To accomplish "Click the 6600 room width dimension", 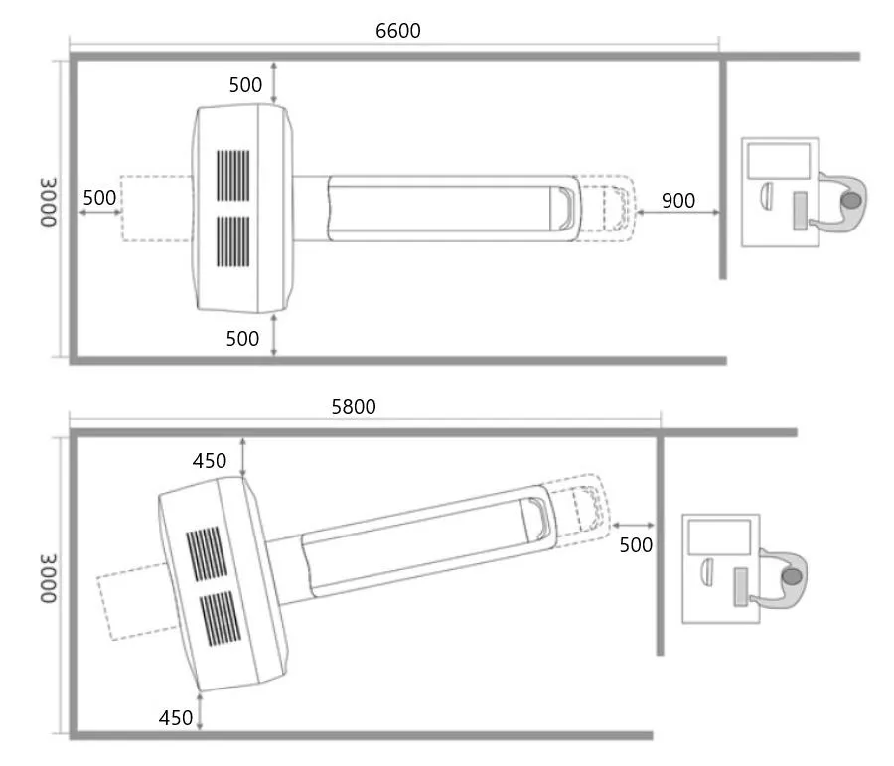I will pyautogui.click(x=397, y=31).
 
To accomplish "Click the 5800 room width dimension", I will pyautogui.click(x=354, y=407).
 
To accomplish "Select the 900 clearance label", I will pyautogui.click(x=677, y=200).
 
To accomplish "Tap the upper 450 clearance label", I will pyautogui.click(x=210, y=460).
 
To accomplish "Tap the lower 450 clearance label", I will pyautogui.click(x=176, y=717).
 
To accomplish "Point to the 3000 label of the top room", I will pyautogui.click(x=49, y=204).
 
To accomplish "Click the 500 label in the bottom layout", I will pyautogui.click(x=636, y=544).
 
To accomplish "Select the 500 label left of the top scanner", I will pyautogui.click(x=99, y=197).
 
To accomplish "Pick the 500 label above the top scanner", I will pyautogui.click(x=245, y=85).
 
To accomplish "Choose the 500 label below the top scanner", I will pyautogui.click(x=242, y=338).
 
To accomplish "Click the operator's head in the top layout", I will pyautogui.click(x=851, y=200).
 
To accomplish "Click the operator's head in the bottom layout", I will pyautogui.click(x=792, y=575).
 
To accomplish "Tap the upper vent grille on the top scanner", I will pyautogui.click(x=234, y=177).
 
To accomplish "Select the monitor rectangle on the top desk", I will pyautogui.click(x=779, y=160).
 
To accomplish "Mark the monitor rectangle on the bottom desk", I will pyautogui.click(x=719, y=536).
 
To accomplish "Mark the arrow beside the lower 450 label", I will pyautogui.click(x=201, y=712).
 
